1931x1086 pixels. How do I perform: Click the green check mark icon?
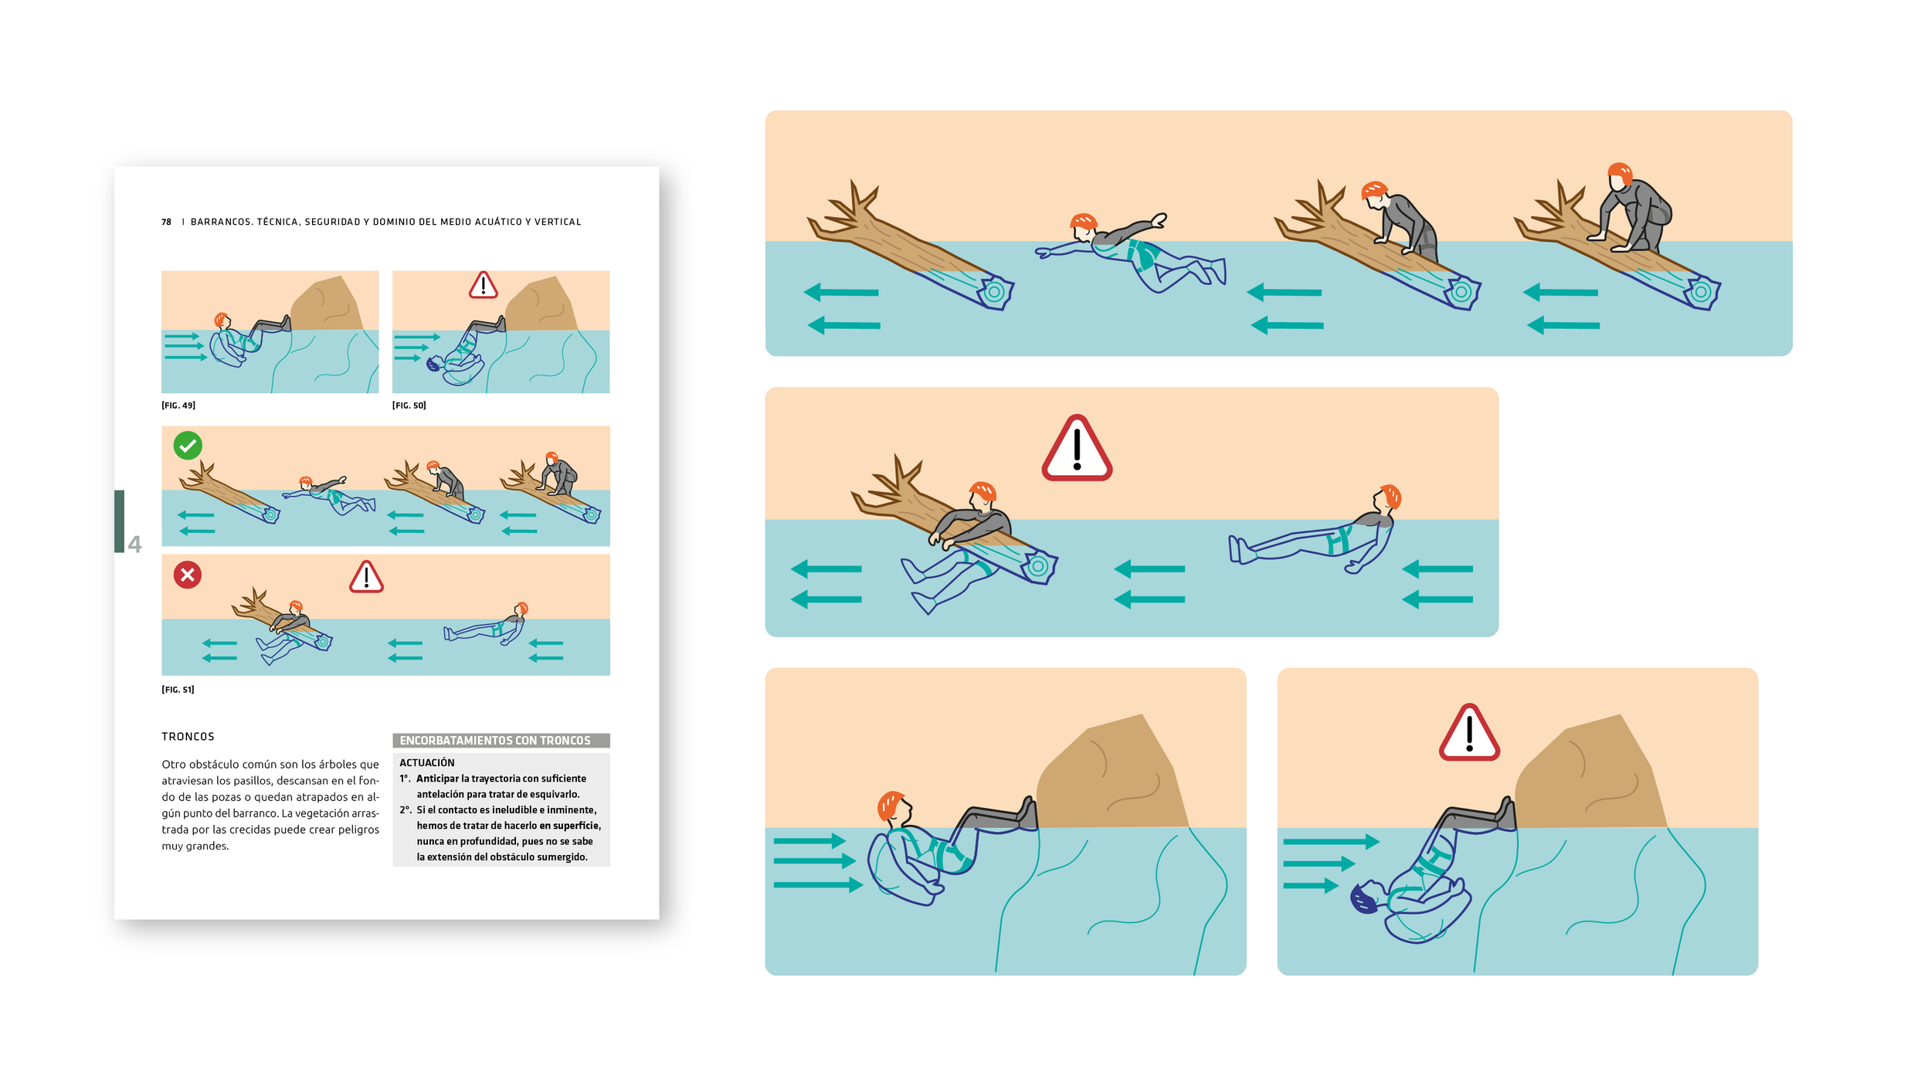(x=188, y=446)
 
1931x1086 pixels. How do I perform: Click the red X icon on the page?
(x=188, y=575)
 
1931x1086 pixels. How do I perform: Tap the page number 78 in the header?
(x=166, y=222)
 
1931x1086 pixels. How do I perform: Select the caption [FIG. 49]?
(x=178, y=406)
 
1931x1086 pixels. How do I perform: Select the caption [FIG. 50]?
(x=409, y=406)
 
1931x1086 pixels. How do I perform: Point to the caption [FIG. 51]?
(x=178, y=690)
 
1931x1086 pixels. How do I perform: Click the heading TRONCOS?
(x=188, y=737)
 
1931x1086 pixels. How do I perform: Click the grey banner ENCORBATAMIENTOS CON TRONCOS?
(x=501, y=741)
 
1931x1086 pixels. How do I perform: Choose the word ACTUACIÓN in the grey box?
(x=427, y=762)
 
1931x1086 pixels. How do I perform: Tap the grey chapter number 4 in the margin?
(x=134, y=545)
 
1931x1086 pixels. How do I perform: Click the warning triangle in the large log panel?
(x=1077, y=449)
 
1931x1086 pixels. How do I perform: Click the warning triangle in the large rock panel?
(x=1469, y=733)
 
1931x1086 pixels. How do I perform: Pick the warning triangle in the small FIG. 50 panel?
(x=484, y=285)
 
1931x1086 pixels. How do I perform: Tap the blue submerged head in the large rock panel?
(x=1364, y=898)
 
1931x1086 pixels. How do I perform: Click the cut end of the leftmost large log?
(x=996, y=292)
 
